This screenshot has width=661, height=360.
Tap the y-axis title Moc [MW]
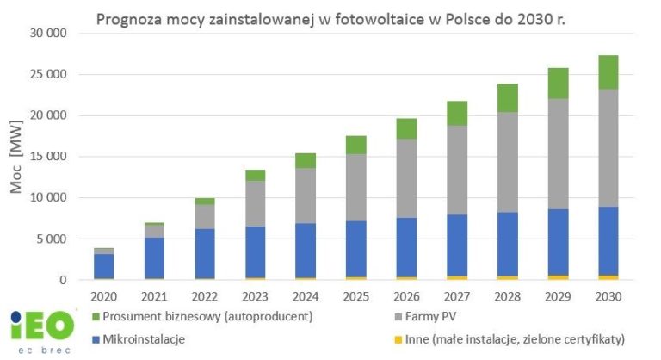coord(16,158)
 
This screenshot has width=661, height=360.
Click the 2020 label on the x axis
coord(103,294)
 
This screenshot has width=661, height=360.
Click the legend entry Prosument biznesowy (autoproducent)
coord(203,316)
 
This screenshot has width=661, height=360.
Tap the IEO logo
coord(35,330)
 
